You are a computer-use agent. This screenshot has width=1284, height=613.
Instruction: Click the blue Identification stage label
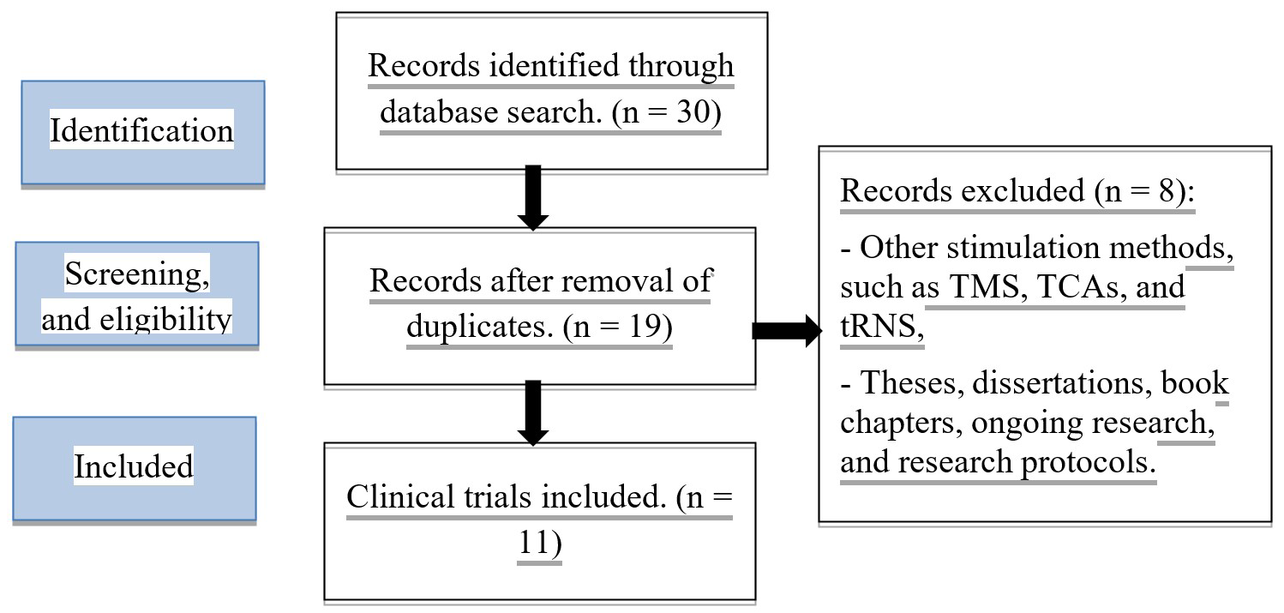[142, 132]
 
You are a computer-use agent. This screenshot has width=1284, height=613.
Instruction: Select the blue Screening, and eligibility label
[136, 294]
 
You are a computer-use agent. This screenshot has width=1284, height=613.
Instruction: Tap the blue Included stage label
[134, 468]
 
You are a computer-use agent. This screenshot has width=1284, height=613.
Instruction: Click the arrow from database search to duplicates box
[533, 198]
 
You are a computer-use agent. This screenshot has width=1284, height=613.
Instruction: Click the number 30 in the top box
[693, 113]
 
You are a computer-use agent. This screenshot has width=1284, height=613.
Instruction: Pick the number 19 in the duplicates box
[642, 328]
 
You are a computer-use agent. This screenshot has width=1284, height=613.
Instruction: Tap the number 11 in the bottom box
[539, 544]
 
